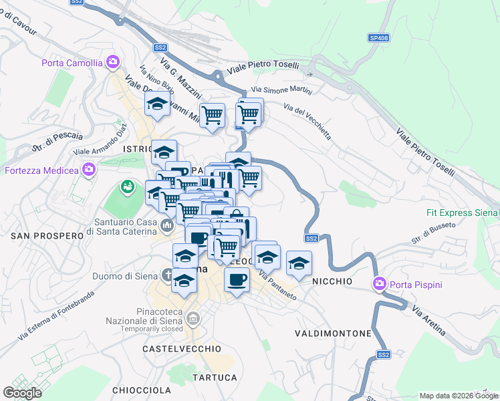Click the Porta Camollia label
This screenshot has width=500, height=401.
pos(72,63)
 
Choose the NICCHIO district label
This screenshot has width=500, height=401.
pos(332,282)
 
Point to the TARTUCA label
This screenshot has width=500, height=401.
pos(215,378)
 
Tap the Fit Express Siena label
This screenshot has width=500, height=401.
pos(462,213)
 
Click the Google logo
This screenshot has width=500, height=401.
pos(22,393)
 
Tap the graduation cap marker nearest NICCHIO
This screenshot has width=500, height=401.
pos(299,263)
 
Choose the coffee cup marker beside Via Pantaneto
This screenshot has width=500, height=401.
pos(237,279)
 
